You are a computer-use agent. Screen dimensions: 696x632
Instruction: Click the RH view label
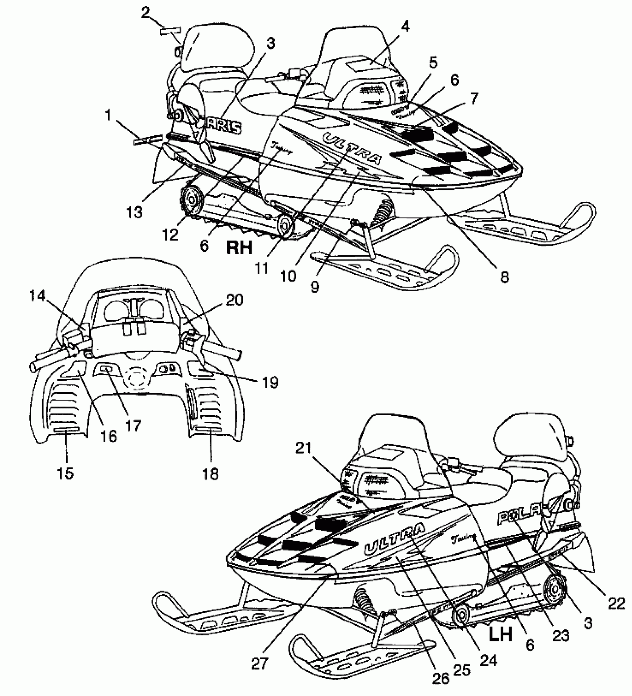(239, 247)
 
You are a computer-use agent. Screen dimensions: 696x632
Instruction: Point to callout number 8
(504, 277)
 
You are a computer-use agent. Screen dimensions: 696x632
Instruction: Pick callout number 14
(38, 296)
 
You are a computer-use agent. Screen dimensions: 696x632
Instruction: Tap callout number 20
(233, 300)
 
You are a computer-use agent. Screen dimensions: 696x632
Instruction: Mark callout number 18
(211, 474)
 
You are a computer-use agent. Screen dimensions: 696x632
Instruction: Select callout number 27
(259, 664)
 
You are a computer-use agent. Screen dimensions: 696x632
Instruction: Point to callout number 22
(616, 605)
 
